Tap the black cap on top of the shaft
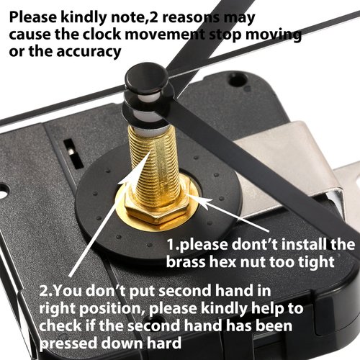coord(147,76)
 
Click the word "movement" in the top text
coord(165,35)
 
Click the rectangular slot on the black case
coord(73,153)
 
